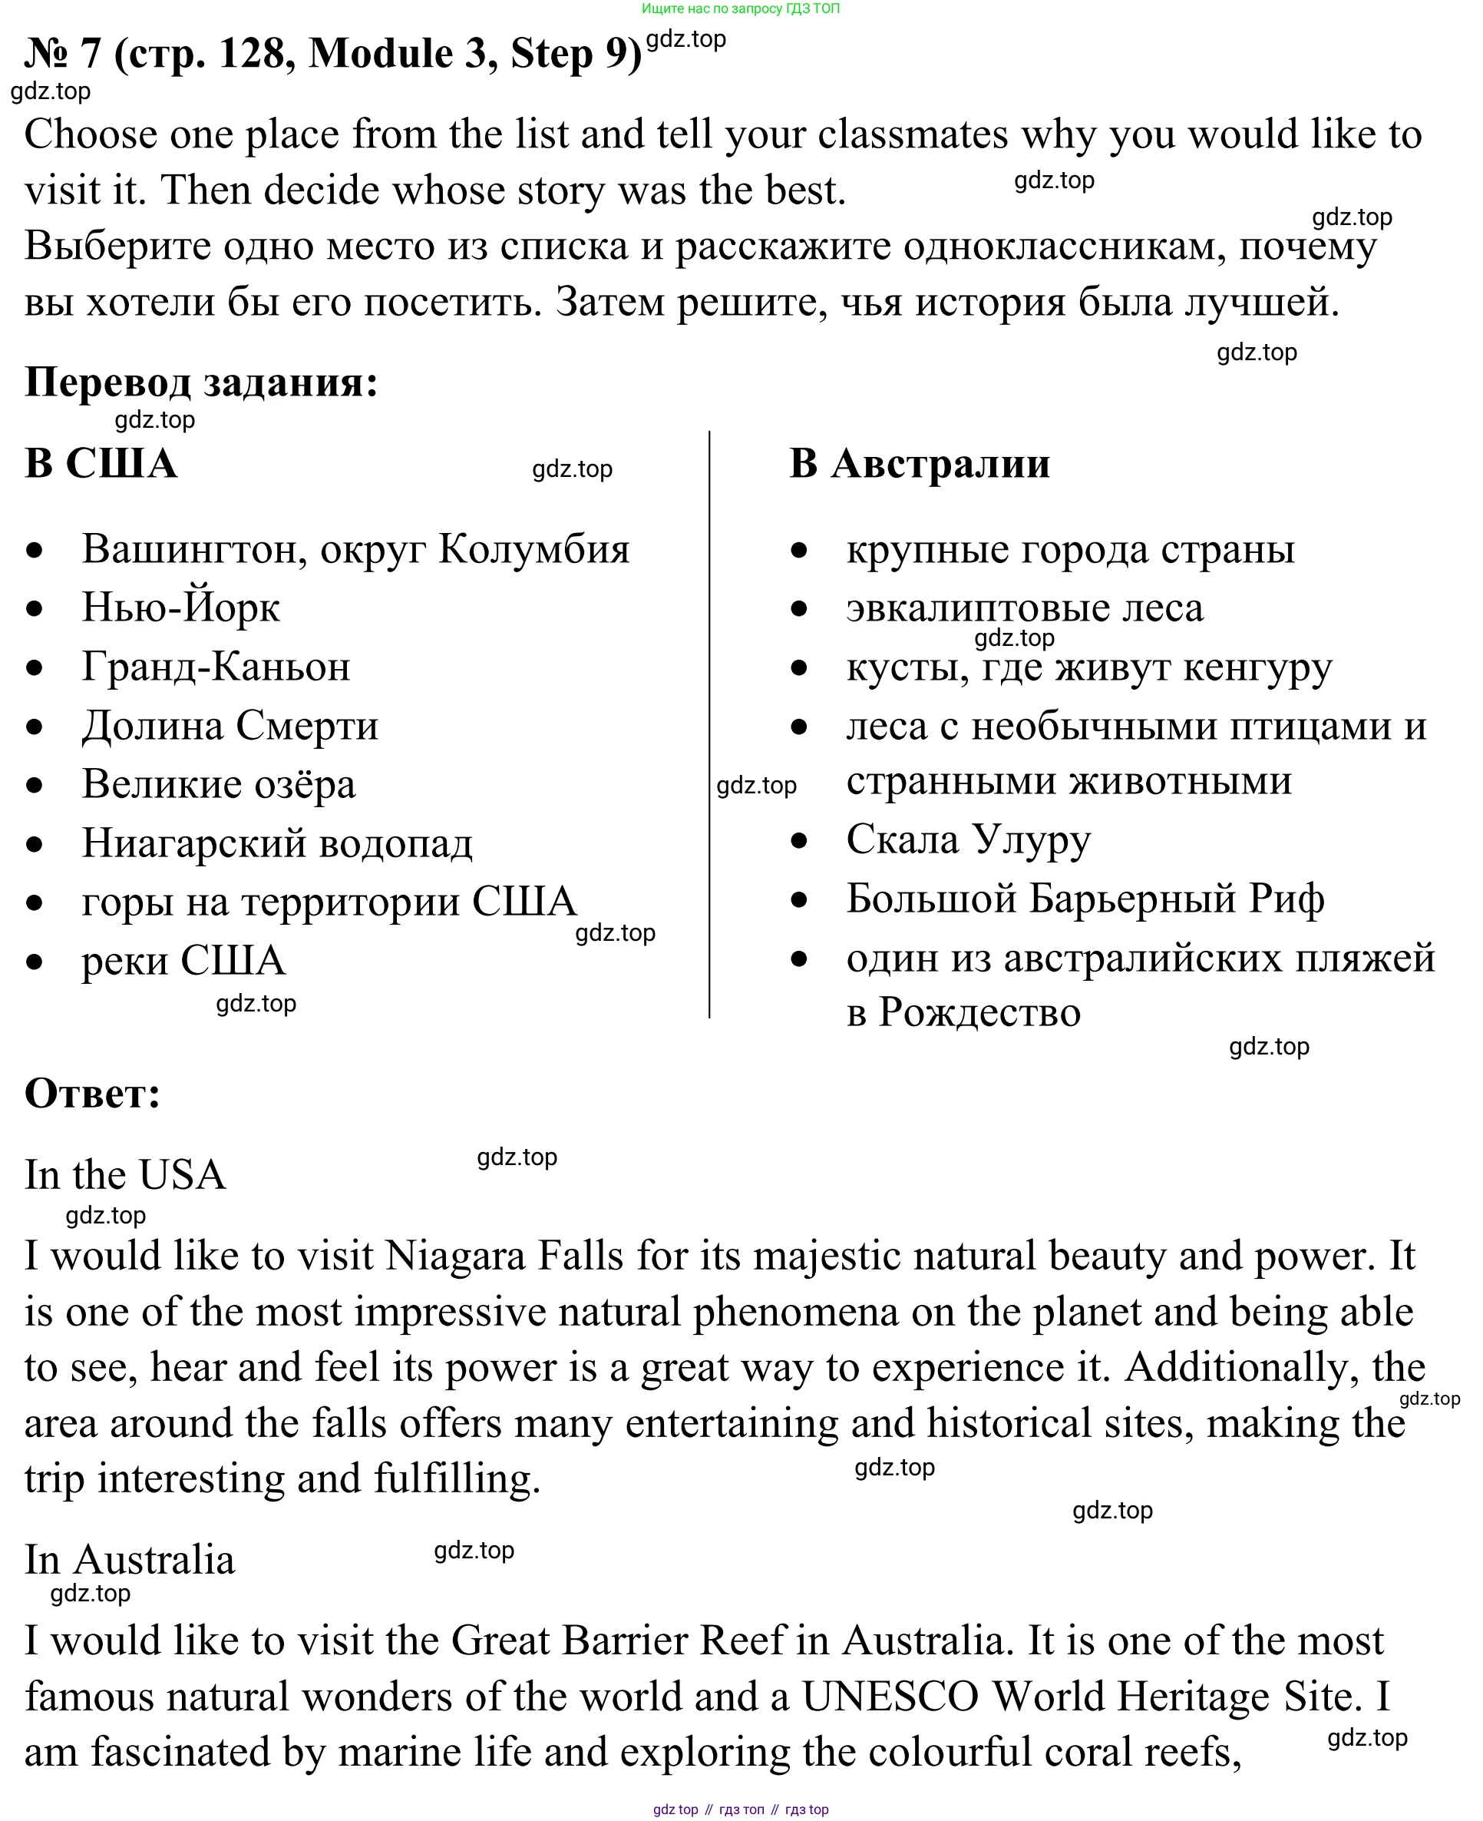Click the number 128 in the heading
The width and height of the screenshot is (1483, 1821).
point(250,54)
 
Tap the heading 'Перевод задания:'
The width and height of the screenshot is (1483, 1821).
point(201,381)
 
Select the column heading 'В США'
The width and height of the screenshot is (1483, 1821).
point(101,463)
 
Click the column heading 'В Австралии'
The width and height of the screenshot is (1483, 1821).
point(919,463)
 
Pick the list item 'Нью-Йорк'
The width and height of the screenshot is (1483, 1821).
point(180,608)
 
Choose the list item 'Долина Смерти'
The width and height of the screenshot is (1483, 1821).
point(230,726)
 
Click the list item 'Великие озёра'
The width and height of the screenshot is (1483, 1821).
point(218,783)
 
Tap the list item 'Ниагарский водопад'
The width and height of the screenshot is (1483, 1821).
point(277,843)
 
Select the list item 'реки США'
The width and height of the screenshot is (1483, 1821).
point(183,959)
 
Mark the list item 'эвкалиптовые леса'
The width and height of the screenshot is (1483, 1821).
point(1024,608)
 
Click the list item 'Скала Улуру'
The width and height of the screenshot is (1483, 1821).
point(968,839)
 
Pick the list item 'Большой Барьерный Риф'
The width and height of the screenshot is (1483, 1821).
point(1085,898)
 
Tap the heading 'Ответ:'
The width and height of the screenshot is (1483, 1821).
point(92,1093)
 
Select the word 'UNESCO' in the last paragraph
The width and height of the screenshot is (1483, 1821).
point(890,1697)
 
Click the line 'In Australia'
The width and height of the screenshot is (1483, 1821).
point(129,1560)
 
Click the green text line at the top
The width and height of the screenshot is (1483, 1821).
point(741,8)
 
